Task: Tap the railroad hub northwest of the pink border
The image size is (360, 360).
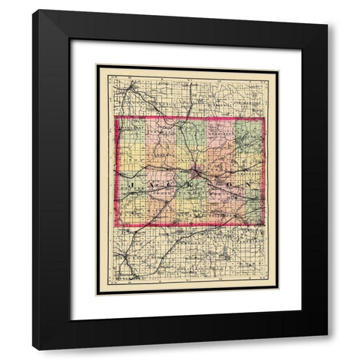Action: point(133,86)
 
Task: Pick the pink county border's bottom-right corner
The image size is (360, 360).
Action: point(262,224)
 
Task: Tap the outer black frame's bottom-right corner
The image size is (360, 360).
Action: point(328,350)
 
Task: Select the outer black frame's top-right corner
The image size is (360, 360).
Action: point(328,10)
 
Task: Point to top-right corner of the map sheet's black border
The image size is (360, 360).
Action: point(278,65)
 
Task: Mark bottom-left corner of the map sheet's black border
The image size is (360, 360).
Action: point(97,294)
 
